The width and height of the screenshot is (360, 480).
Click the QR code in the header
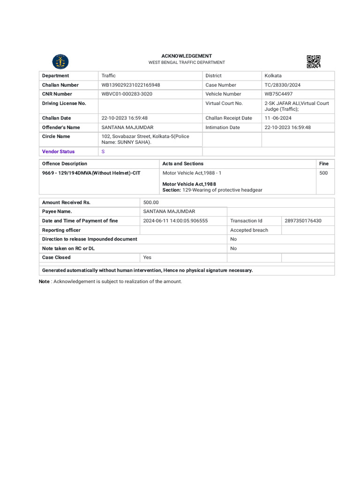pyautogui.click(x=314, y=61)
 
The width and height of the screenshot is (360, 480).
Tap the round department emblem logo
pyautogui.click(x=60, y=61)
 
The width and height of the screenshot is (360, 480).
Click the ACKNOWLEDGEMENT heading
pyautogui.click(x=187, y=56)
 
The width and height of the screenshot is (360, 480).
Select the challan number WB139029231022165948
pyautogui.click(x=131, y=85)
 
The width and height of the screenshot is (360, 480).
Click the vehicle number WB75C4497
pyautogui.click(x=278, y=94)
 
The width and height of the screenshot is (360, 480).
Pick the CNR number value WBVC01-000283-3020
pyautogui.click(x=127, y=94)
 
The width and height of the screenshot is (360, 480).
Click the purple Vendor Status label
pyautogui.click(x=58, y=151)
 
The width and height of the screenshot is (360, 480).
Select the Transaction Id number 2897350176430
pyautogui.click(x=303, y=221)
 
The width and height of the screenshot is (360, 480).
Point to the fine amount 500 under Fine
pyautogui.click(x=323, y=173)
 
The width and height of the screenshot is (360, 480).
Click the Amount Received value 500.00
pyautogui.click(x=151, y=202)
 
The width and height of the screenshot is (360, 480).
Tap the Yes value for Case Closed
pyautogui.click(x=147, y=257)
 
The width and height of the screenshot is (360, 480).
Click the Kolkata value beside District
pyautogui.click(x=273, y=75)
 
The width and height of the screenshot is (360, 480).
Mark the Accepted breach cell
pyautogui.click(x=249, y=230)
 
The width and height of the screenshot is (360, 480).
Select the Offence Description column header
pyautogui.click(x=65, y=164)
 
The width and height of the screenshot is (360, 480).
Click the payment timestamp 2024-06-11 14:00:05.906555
pyautogui.click(x=175, y=221)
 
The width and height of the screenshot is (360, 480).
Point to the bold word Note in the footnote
pyautogui.click(x=44, y=281)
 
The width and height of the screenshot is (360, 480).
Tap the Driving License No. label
pyautogui.click(x=64, y=103)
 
